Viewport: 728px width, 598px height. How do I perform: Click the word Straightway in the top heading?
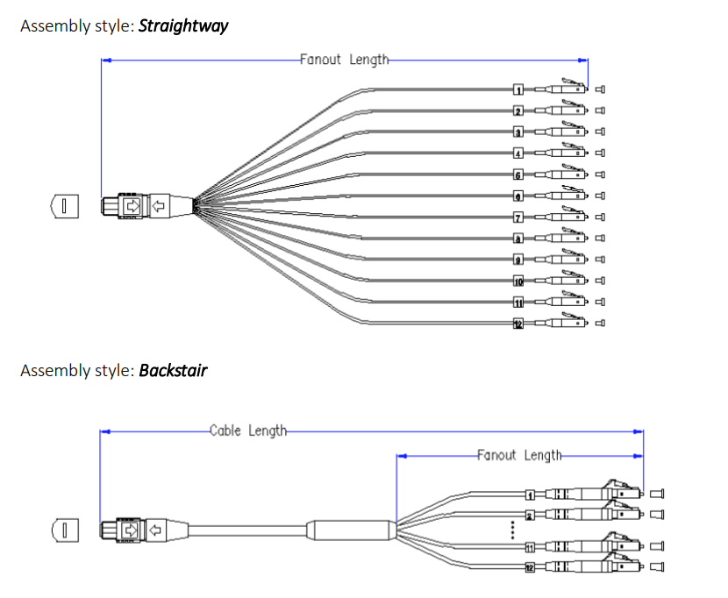(183, 25)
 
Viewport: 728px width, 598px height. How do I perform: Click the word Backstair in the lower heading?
(173, 370)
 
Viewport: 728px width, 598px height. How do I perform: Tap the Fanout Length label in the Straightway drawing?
(344, 60)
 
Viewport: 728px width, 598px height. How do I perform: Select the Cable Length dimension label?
(248, 431)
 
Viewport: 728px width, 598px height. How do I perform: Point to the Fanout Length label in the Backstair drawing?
(519, 455)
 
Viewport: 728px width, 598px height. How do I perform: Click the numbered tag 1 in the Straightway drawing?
(518, 89)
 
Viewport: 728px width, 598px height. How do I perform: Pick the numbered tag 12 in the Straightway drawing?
(518, 324)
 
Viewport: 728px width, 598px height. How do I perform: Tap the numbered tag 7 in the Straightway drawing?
(518, 217)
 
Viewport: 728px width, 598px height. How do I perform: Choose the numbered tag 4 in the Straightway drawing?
(518, 153)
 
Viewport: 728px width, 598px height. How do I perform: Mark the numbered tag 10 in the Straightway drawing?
(518, 281)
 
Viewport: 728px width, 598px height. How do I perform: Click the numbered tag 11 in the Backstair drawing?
(529, 547)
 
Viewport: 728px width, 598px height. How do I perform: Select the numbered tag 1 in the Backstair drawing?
(529, 495)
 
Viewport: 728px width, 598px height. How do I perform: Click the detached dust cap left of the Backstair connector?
(63, 530)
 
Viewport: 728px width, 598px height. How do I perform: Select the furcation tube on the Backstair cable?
(351, 530)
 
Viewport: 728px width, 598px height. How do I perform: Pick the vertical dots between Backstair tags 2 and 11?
(512, 530)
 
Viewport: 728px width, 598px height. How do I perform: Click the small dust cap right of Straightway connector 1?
(601, 89)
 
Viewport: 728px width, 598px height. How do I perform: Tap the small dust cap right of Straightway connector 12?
(601, 324)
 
